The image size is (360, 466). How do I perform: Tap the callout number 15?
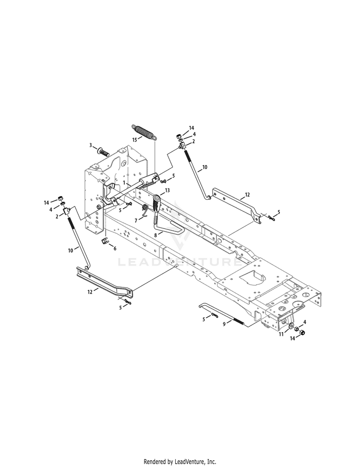[135, 139]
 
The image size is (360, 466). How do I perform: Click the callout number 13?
[167, 190]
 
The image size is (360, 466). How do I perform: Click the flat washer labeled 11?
[290, 326]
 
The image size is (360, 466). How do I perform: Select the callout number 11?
[281, 335]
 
